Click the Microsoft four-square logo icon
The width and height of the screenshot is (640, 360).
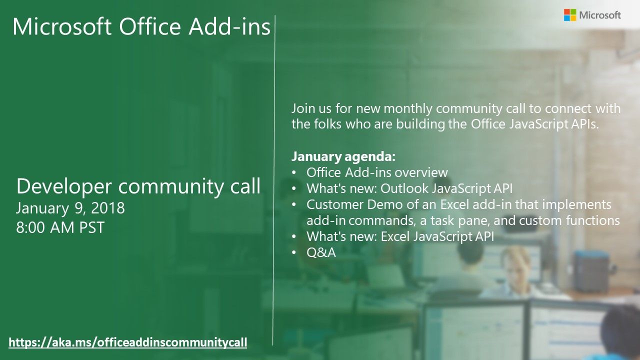pos(570,15)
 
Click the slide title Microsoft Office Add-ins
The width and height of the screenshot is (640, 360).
pos(141,27)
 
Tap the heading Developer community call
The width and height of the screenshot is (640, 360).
pos(138,186)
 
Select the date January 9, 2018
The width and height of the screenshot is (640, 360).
pos(70,207)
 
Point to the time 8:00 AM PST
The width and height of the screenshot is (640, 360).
pos(60,227)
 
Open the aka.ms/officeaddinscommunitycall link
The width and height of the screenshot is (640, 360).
pos(128,342)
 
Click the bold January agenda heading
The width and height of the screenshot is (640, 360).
pos(343,157)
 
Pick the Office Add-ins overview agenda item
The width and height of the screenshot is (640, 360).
pos(377,173)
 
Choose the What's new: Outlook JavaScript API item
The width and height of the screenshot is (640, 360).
pos(409,189)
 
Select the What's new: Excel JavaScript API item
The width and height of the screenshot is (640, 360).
pos(400,236)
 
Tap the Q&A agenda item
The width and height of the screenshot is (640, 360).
pos(321,252)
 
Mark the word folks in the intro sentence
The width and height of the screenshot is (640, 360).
pos(325,124)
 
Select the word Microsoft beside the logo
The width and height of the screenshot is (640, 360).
pos(600,15)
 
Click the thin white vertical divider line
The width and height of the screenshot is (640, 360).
pos(274,180)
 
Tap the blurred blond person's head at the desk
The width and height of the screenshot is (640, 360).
pos(515,258)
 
